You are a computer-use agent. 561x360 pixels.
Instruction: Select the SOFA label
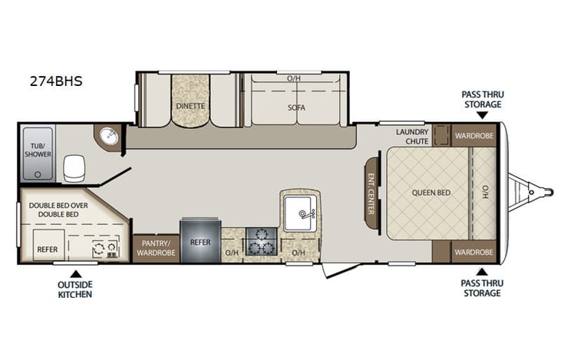click(296, 107)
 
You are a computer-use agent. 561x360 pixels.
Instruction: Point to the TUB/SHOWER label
click(38, 149)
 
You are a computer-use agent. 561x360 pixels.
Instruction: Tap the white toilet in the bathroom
click(74, 167)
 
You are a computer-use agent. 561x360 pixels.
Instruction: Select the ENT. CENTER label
click(371, 193)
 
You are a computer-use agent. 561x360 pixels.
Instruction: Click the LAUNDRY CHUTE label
click(412, 137)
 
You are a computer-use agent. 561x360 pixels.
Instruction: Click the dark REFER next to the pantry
click(200, 242)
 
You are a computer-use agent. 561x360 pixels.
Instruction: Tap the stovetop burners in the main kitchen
click(261, 241)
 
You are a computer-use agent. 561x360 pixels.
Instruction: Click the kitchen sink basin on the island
click(299, 213)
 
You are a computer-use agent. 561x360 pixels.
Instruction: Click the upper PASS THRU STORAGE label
click(481, 99)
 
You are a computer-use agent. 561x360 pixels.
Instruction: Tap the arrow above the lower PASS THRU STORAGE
click(481, 271)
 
